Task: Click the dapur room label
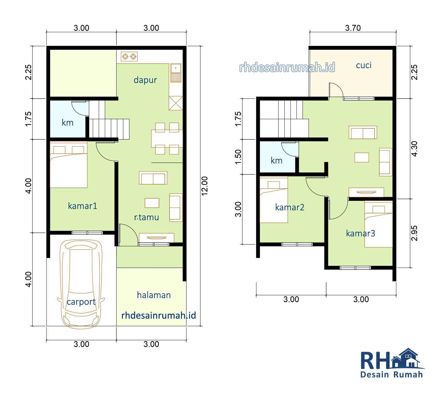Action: pos(145,80)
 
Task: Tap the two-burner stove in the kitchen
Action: pos(129,57)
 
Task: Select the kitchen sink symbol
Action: pos(176,73)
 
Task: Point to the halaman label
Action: pos(154,295)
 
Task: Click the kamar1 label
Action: pos(82,206)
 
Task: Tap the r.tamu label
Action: pos(147,217)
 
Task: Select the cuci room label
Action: pos(364,66)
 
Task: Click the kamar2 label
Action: pos(290,207)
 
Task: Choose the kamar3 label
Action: pos(360,233)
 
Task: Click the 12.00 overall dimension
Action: pos(205,186)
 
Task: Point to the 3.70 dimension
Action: pos(353,28)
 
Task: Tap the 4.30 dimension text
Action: pos(414,149)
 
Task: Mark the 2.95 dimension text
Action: pos(414,233)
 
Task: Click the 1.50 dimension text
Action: pos(238,157)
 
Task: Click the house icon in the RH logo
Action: pos(407,359)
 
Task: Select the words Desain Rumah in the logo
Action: pos(392,375)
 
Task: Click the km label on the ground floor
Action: pos(67,122)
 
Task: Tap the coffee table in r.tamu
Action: pos(152,203)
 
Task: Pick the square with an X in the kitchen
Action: pos(176,103)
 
